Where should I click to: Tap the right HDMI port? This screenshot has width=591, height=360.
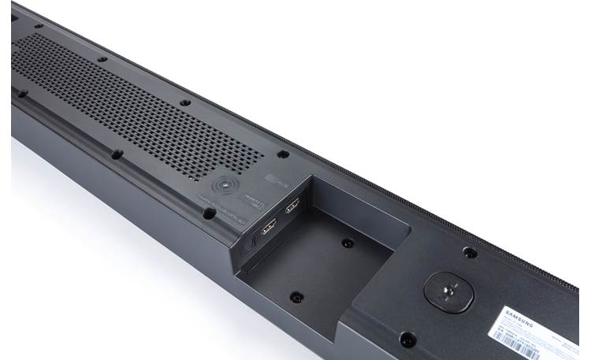292,206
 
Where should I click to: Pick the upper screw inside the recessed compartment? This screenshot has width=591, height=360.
348,243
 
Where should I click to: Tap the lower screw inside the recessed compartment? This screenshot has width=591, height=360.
296,297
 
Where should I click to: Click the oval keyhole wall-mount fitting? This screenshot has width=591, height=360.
449,289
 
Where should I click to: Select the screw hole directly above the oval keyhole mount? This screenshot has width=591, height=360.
470,253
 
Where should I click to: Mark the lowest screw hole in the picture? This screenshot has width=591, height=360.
407,340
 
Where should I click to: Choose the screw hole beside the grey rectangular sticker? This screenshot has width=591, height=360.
283,154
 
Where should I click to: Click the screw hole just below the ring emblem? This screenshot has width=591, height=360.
209,212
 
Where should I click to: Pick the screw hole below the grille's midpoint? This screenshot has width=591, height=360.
116,154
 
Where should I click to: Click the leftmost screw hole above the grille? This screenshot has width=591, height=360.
38,25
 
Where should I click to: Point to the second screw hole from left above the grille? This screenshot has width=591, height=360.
102,58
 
